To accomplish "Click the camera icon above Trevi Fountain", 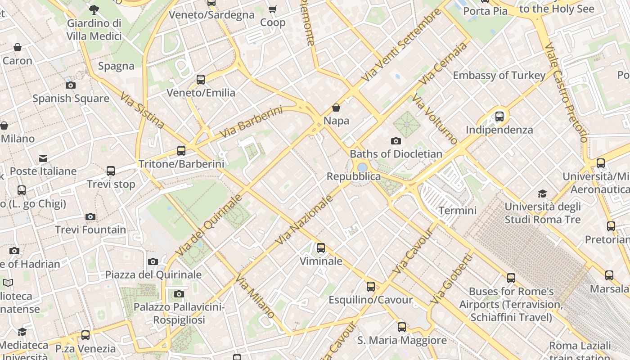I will [90, 217].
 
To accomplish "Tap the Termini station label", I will [457, 210].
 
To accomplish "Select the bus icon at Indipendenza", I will [499, 117].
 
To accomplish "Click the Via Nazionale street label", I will [305, 220].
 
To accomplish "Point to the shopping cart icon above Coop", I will [272, 9].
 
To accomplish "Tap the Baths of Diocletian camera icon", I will [396, 141].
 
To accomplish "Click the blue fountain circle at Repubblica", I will [362, 167].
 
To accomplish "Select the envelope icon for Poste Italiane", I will [43, 158].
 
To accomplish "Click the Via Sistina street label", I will [142, 110].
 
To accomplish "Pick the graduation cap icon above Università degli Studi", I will [543, 194].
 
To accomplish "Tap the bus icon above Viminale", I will [320, 248].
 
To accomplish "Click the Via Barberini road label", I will [251, 122].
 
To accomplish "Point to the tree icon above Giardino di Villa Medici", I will [94, 9].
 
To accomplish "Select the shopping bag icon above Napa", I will [336, 108].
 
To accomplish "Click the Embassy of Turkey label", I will [499, 75].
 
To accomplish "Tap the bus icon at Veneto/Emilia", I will [201, 80].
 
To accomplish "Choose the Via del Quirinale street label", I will [209, 225].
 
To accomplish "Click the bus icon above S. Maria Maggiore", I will [401, 327].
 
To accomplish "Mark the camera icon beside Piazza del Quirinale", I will [153, 261].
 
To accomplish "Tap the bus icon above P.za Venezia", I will [85, 335].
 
